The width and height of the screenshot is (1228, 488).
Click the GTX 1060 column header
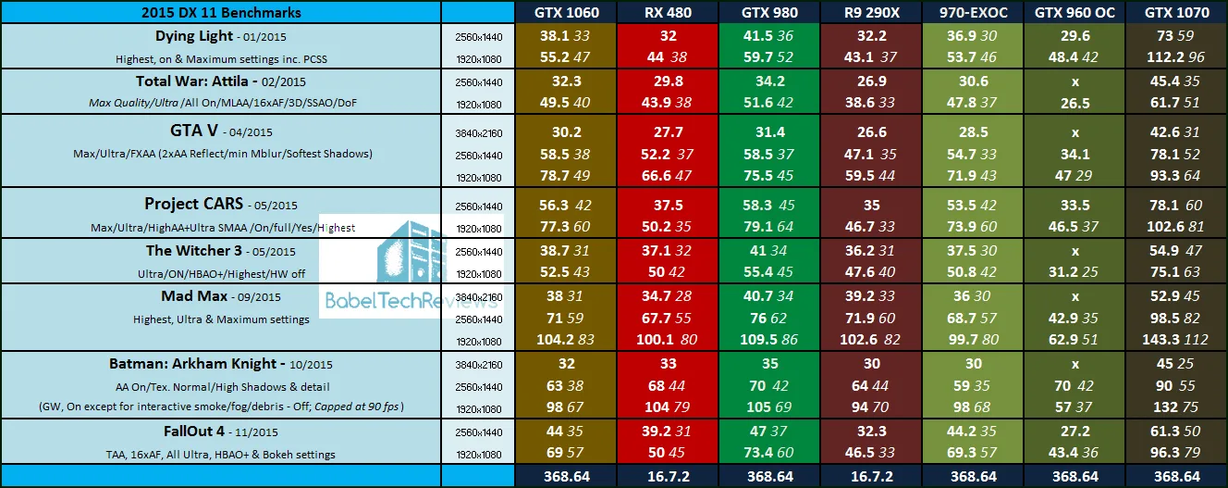[x=567, y=13]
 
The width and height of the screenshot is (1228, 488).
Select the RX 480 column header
[x=669, y=13]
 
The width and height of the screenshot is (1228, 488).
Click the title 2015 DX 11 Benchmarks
[x=222, y=13]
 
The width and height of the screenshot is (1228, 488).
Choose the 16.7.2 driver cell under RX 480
[x=669, y=477]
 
